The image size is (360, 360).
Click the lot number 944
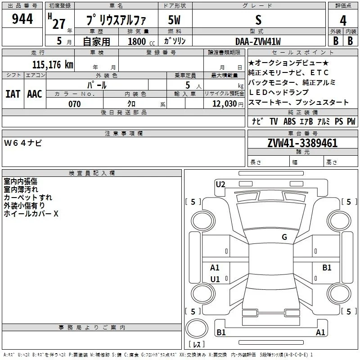22,19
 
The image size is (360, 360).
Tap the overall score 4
343,21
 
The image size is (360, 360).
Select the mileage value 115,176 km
53,65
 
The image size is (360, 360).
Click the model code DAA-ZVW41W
258,41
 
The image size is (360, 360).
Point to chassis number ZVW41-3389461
302,143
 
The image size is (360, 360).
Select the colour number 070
74,104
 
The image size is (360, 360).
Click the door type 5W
174,20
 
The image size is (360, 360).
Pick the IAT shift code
13,94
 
